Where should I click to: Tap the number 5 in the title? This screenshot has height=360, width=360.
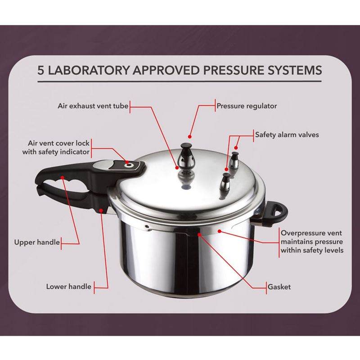pyautogui.click(x=42, y=71)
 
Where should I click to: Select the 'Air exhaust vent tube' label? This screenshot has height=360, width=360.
pyautogui.click(x=93, y=107)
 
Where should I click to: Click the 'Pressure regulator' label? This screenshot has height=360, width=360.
pyautogui.click(x=247, y=107)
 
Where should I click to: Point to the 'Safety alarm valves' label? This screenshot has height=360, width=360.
pyautogui.click(x=284, y=134)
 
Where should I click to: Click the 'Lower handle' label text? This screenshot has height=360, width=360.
pyautogui.click(x=69, y=286)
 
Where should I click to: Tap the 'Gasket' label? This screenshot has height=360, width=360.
pyautogui.click(x=279, y=286)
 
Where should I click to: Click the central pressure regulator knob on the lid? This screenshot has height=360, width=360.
pyautogui.click(x=185, y=158)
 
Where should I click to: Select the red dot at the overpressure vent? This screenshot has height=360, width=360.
pyautogui.click(x=219, y=231)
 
